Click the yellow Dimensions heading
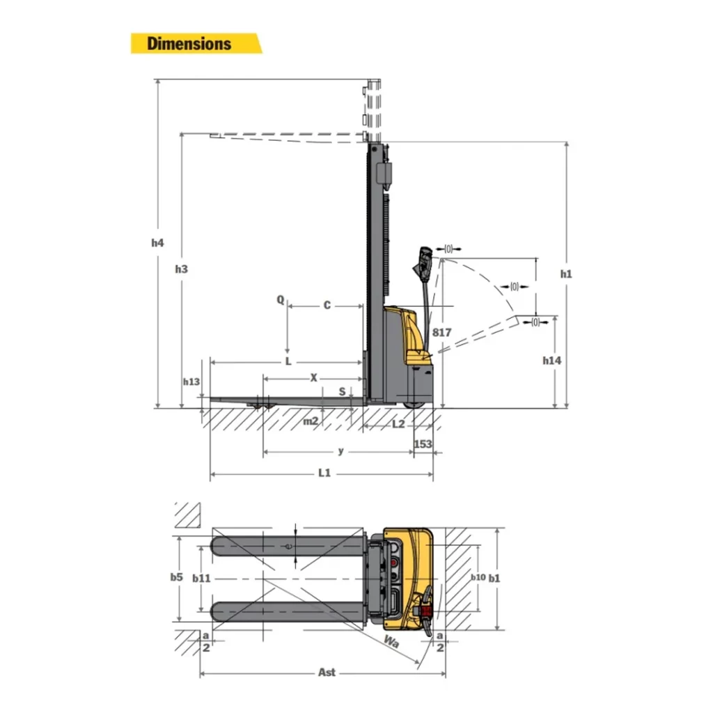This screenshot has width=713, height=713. (189, 43)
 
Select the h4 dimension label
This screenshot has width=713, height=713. (157, 243)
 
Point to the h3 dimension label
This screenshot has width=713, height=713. (181, 269)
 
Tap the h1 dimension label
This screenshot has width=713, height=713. (566, 274)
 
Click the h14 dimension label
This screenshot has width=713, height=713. (552, 360)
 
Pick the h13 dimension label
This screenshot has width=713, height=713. (191, 382)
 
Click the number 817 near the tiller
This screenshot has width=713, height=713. (441, 333)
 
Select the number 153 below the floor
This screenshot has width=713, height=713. (423, 444)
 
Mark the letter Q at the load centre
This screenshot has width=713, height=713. (281, 300)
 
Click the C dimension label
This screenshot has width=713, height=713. (327, 306)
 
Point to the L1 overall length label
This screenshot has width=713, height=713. (324, 473)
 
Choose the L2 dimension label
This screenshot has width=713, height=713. (398, 423)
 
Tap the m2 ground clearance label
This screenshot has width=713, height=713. (311, 421)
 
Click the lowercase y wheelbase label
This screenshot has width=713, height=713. (340, 451)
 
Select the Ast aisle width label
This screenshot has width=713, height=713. (327, 672)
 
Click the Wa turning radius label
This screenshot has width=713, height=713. (391, 642)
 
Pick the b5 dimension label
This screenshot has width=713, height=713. (176, 577)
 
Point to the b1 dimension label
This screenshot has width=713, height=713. (494, 577)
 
